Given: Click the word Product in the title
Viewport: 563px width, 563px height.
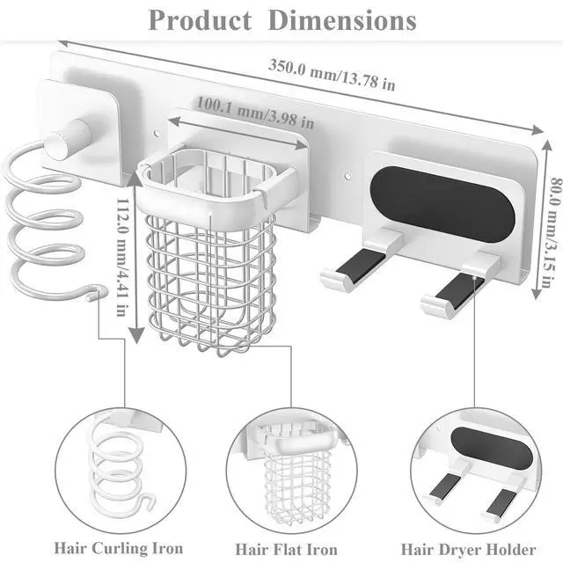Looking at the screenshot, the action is tap(200, 21).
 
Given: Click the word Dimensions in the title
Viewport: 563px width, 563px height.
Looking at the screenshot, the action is tap(342, 21).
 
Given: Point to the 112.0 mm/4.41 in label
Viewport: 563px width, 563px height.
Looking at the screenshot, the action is tap(122, 257).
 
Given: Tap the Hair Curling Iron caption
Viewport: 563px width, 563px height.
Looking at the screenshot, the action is tap(119, 548).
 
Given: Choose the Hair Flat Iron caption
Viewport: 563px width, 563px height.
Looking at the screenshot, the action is tap(286, 549).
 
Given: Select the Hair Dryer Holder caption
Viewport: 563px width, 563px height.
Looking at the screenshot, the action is tap(468, 549).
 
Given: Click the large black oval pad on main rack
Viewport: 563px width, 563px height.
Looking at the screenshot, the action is tap(442, 205).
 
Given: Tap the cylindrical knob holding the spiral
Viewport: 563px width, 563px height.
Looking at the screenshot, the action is tap(68, 139).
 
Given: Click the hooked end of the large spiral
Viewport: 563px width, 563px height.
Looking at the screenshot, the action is tap(97, 292).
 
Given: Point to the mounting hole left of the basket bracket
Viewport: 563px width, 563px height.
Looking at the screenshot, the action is tap(157, 134).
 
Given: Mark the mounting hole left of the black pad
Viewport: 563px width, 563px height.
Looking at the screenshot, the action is tap(347, 177).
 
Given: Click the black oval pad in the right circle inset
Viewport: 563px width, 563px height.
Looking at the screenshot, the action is tap(492, 448).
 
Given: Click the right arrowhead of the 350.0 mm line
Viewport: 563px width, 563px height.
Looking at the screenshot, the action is tap(537, 130).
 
